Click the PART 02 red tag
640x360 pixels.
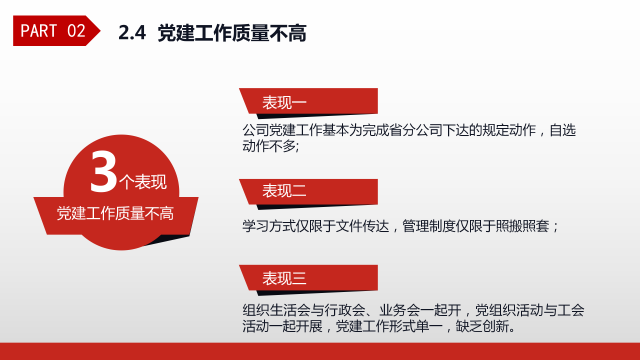pos(53,31)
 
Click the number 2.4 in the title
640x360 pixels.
pos(132,33)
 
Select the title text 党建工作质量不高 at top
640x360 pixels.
pos(231,33)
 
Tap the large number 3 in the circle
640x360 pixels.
pos(103,172)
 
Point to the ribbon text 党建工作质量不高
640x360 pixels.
pos(115,214)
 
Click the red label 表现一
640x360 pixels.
pos(284,102)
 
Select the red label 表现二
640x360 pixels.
pos(284,191)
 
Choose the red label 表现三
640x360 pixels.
pos(284,278)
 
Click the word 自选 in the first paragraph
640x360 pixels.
pos(563,130)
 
